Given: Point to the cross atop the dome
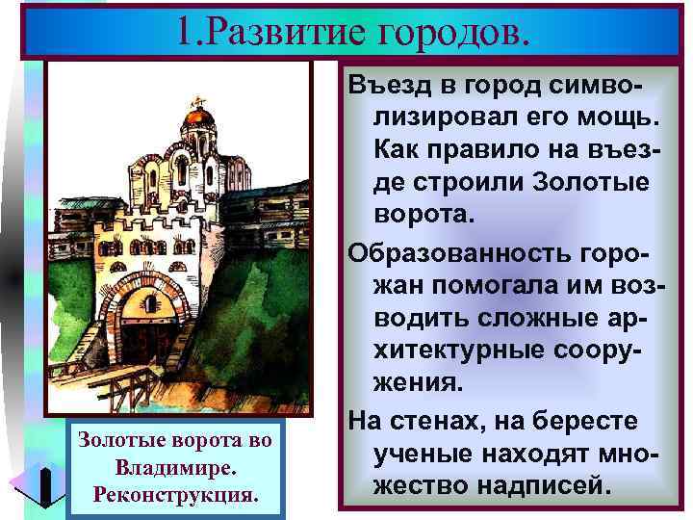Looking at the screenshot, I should pyautogui.click(x=199, y=101).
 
